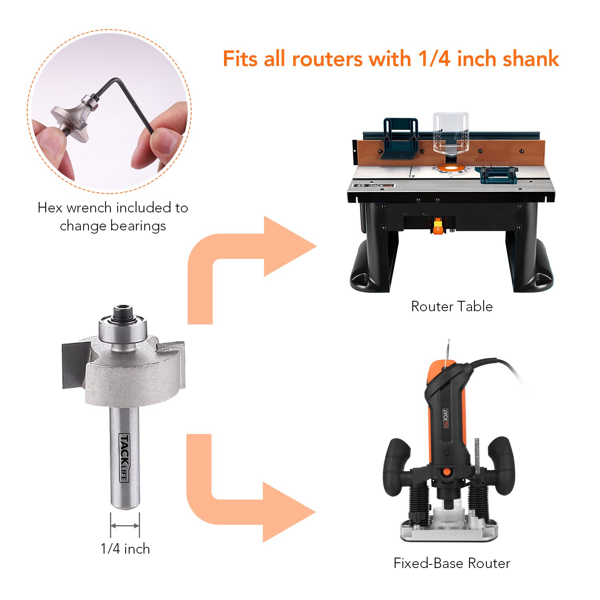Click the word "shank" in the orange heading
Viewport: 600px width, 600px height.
tap(530, 59)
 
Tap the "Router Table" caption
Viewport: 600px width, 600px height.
tap(452, 306)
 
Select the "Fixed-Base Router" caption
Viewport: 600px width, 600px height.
tap(452, 563)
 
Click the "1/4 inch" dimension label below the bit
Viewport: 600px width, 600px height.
tap(125, 549)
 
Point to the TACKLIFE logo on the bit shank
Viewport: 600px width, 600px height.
tap(124, 458)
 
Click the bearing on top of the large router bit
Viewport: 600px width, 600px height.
tap(123, 328)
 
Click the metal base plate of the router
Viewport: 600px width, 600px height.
tap(450, 532)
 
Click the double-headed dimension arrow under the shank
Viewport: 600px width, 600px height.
tap(125, 526)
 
